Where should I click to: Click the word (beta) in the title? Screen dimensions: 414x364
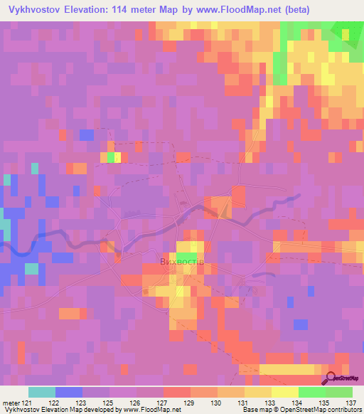pos(345,10)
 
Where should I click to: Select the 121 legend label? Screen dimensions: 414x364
pos(26,402)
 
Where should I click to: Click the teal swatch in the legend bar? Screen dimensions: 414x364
pos(42,392)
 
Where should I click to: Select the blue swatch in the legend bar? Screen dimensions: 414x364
pos(69,392)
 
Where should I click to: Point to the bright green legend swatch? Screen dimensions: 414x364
pos(312,392)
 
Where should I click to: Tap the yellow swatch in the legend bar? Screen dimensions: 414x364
pos(285,392)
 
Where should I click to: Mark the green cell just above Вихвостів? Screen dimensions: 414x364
pos(186,256)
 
